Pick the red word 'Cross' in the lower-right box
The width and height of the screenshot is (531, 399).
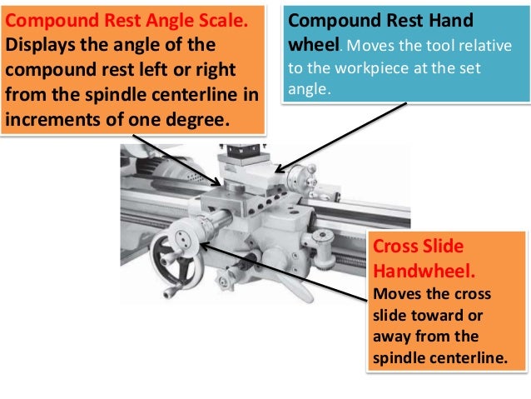395,247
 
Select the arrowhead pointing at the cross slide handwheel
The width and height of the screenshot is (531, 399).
202,246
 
